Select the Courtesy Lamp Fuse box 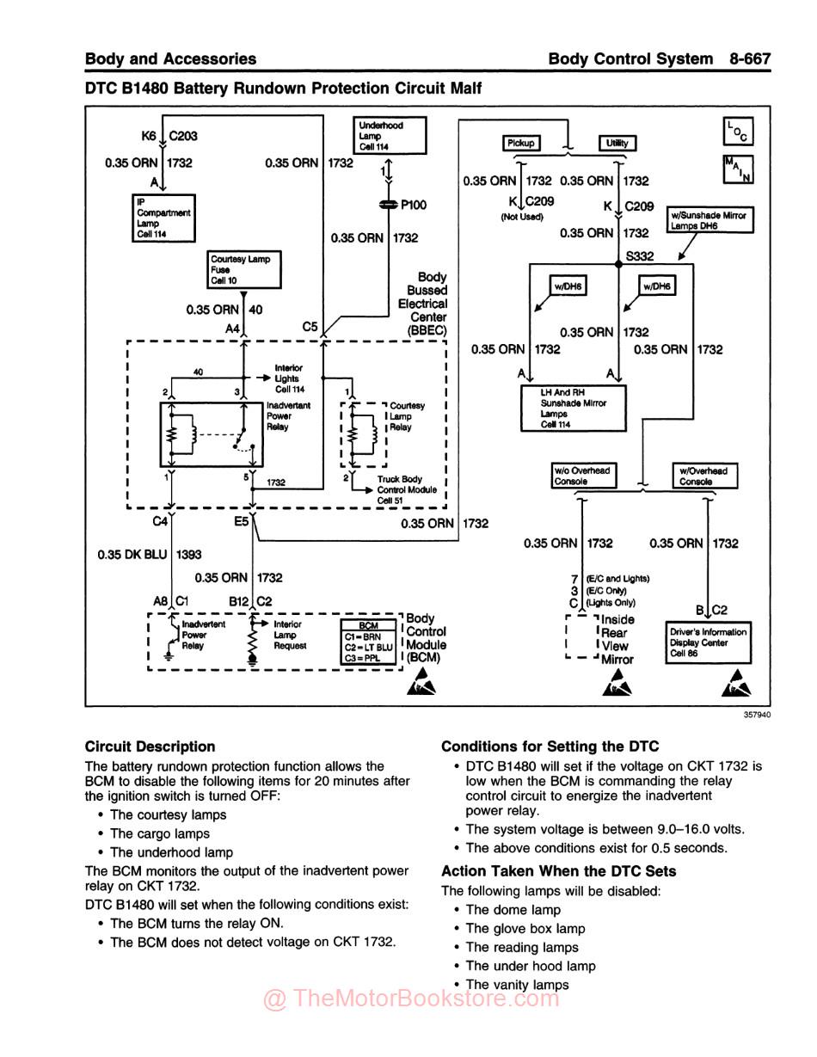tap(245, 270)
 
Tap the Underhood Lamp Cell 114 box tap(390, 136)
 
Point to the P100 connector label tap(413, 205)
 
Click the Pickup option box tap(520, 143)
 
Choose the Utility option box tap(617, 143)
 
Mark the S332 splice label tap(640, 256)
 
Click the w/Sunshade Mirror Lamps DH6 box tap(710, 220)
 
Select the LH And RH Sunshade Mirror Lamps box tap(573, 409)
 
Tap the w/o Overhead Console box tap(581, 476)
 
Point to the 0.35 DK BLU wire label tap(132, 555)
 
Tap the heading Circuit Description tap(150, 747)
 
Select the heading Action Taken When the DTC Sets tap(559, 871)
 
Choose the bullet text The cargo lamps tap(160, 833)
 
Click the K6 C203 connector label tap(169, 136)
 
